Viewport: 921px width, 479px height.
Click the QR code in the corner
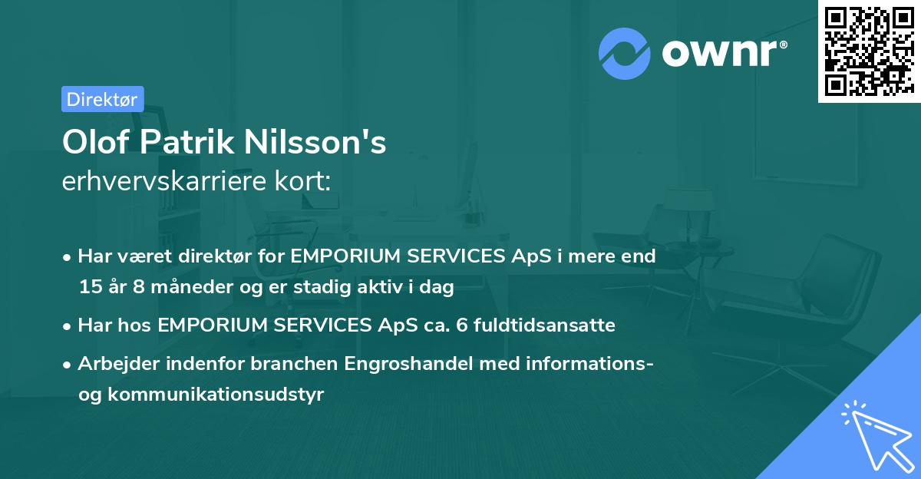click(x=868, y=51)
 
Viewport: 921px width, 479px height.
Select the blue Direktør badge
click(x=102, y=99)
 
